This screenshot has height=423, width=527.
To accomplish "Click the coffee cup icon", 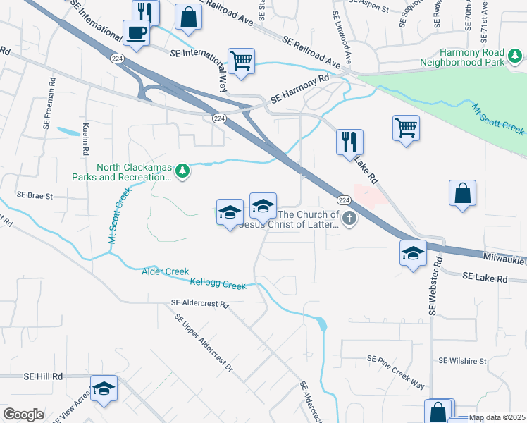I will (136, 32).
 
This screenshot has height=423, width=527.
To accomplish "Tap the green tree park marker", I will (182, 171).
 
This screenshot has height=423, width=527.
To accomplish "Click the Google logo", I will (23, 415).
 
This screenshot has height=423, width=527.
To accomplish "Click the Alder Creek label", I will (166, 271).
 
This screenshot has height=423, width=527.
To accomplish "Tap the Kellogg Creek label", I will (218, 284).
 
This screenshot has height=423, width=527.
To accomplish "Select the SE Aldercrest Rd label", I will (200, 305).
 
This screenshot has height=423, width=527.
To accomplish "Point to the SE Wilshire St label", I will (462, 360).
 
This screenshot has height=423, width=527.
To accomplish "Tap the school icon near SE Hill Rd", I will (104, 388).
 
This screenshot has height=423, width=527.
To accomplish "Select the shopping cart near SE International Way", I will (241, 61).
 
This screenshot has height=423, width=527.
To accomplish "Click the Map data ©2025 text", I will (496, 417).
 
